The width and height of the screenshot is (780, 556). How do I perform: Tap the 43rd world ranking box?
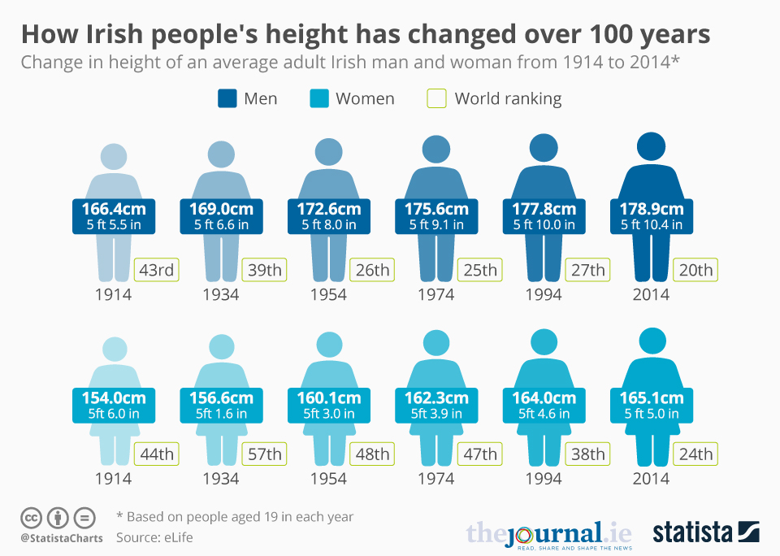coord(158,270)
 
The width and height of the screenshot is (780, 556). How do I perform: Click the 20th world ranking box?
coord(695,270)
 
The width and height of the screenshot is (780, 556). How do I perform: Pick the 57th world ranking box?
coord(265,454)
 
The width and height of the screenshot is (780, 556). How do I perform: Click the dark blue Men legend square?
coord(227,99)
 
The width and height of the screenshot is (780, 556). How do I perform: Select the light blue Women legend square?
coord(318,99)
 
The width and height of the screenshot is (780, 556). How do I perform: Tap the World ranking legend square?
coord(437,99)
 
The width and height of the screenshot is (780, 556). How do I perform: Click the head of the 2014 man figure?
coord(651,146)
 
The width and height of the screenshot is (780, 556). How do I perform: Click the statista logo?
coord(705,532)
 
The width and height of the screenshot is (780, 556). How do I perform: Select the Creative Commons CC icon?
coord(32,517)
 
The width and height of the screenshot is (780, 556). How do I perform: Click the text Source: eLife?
coord(154,537)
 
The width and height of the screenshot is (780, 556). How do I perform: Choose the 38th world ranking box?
coord(587,454)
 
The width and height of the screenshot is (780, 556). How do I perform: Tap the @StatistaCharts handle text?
coord(62,537)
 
